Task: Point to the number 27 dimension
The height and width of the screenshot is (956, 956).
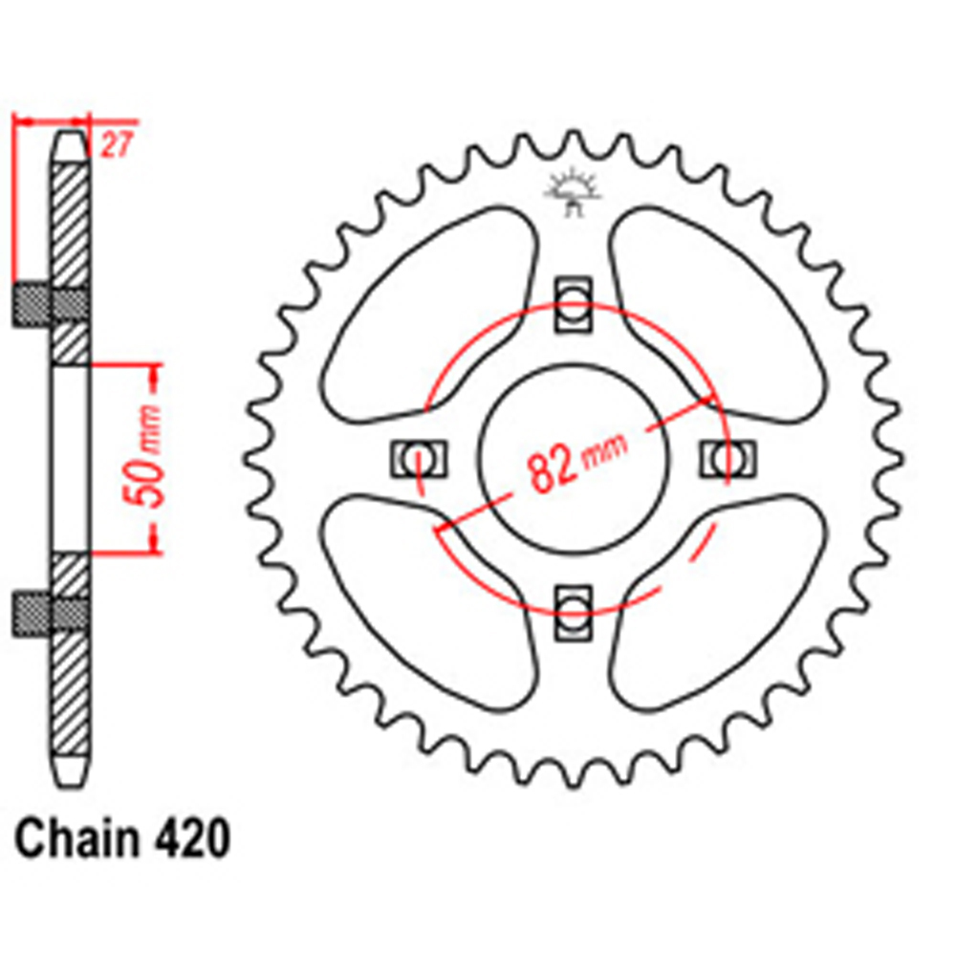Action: (x=115, y=146)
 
